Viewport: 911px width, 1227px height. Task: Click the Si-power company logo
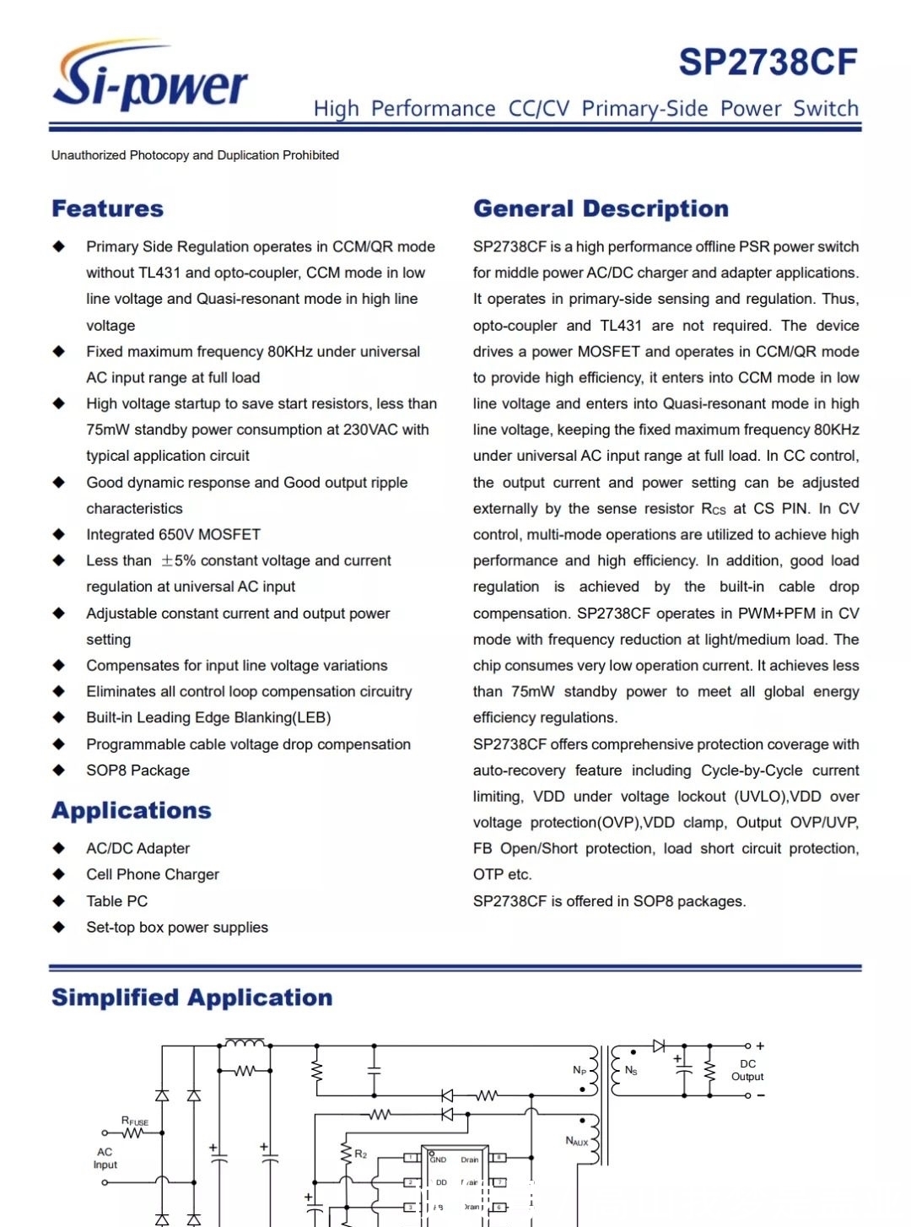pyautogui.click(x=150, y=78)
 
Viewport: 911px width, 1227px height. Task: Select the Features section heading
pyautogui.click(x=108, y=208)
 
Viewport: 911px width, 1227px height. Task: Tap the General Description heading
pyautogui.click(x=601, y=208)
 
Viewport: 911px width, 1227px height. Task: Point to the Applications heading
pyautogui.click(x=132, y=810)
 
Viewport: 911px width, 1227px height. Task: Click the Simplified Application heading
pyautogui.click(x=191, y=997)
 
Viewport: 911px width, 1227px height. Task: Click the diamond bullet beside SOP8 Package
pyautogui.click(x=59, y=770)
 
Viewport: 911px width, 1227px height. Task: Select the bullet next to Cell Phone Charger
pyautogui.click(x=59, y=874)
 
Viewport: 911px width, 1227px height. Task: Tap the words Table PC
pyautogui.click(x=116, y=901)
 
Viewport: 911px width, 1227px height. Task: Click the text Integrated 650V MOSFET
pyautogui.click(x=173, y=534)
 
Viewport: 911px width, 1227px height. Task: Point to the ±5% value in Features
pyautogui.click(x=178, y=560)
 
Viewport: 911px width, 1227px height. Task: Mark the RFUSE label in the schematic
pyautogui.click(x=134, y=1122)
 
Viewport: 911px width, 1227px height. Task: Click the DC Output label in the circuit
pyautogui.click(x=747, y=1070)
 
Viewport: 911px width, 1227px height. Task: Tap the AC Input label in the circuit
pyautogui.click(x=105, y=1158)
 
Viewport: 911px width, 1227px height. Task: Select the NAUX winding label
pyautogui.click(x=577, y=1141)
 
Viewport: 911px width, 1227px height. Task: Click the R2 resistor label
pyautogui.click(x=361, y=1154)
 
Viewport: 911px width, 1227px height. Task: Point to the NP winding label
pyautogui.click(x=579, y=1070)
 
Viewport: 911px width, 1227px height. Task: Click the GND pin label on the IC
pyautogui.click(x=439, y=1159)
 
